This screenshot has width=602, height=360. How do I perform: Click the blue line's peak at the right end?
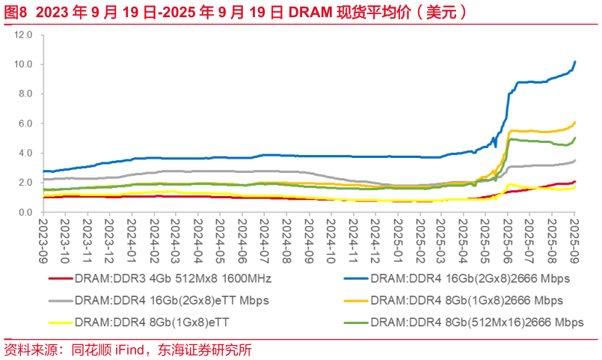pyautogui.click(x=574, y=61)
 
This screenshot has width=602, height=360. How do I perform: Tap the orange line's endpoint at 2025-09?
pyautogui.click(x=574, y=122)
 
